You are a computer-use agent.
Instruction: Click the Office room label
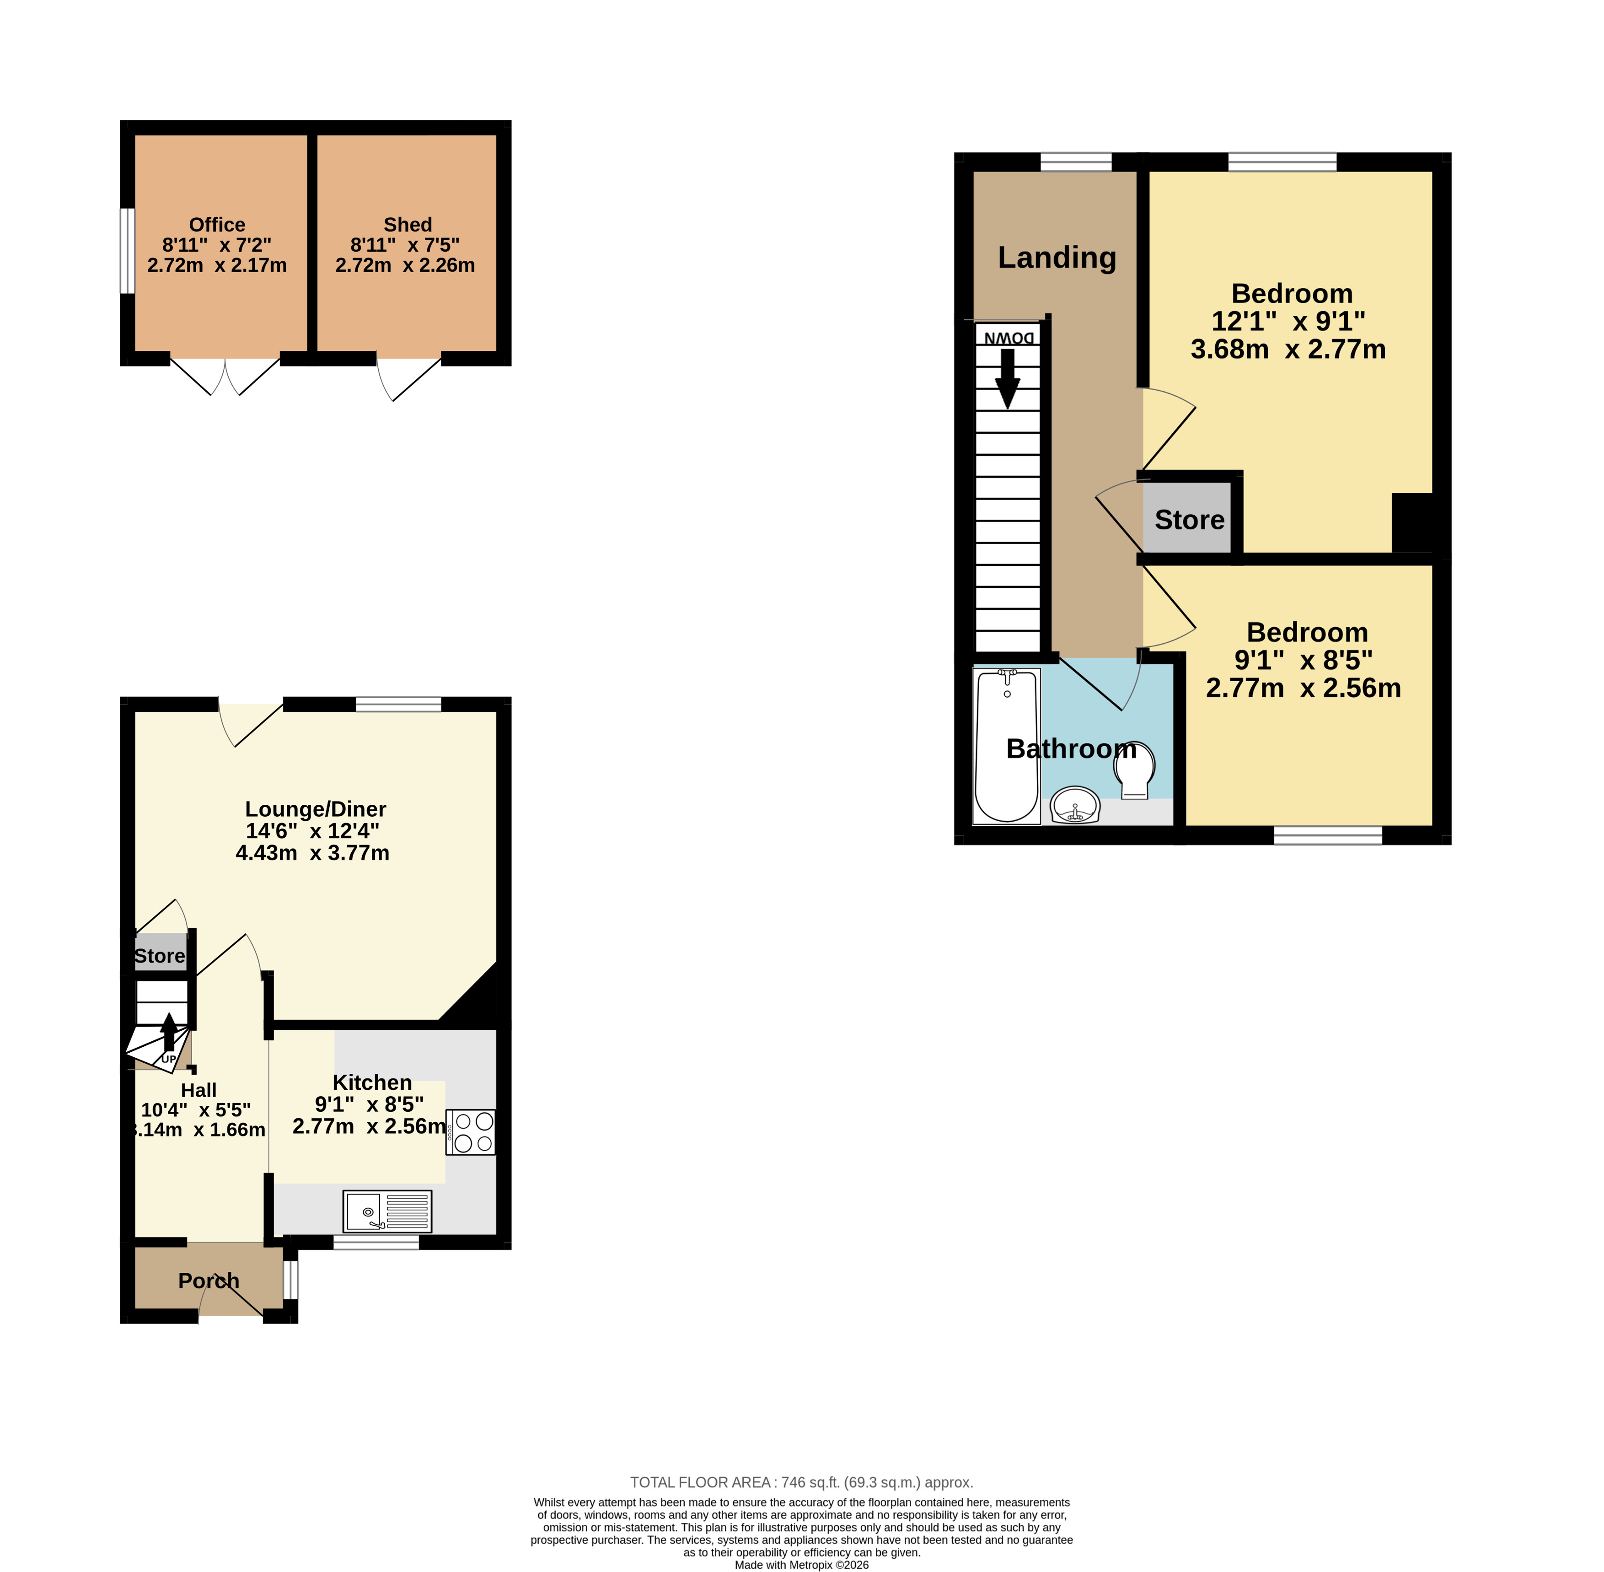coord(217,225)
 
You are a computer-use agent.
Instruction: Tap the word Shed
coord(408,225)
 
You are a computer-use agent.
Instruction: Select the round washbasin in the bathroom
coord(1076,805)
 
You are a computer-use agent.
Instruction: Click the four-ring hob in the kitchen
coord(471,1132)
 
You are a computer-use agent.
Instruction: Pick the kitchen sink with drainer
coord(387,1211)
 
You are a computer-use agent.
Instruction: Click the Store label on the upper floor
coord(1190,520)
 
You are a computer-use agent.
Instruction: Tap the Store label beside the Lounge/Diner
coord(159,956)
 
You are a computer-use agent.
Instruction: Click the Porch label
coord(209,1281)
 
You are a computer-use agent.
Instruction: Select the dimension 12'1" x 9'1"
coord(1288,321)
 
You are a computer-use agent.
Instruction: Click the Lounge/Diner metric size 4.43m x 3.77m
coord(313,853)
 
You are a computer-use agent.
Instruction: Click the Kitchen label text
coord(372,1082)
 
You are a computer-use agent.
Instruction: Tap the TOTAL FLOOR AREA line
coord(802,1482)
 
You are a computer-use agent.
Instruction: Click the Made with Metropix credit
coord(802,1565)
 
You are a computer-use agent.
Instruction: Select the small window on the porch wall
coord(290,1280)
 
